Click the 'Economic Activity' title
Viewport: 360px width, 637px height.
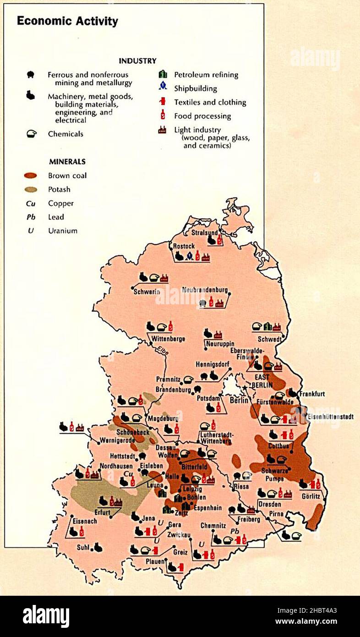(67, 21)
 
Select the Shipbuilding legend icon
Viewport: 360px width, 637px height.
(163, 86)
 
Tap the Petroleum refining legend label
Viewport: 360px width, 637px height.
(206, 75)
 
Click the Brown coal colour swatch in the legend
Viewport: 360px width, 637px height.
(31, 176)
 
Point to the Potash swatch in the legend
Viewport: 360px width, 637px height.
(31, 189)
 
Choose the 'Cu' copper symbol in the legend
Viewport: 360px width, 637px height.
(31, 203)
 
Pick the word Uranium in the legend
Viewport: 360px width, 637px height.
(63, 231)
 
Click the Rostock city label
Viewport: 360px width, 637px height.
(184, 247)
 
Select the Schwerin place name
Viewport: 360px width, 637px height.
(147, 291)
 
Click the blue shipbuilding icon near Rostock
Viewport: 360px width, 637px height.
(189, 256)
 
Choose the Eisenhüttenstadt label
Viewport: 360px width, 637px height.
(330, 417)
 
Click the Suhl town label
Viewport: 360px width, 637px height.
(83, 547)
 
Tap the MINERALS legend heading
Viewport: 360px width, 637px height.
(67, 162)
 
